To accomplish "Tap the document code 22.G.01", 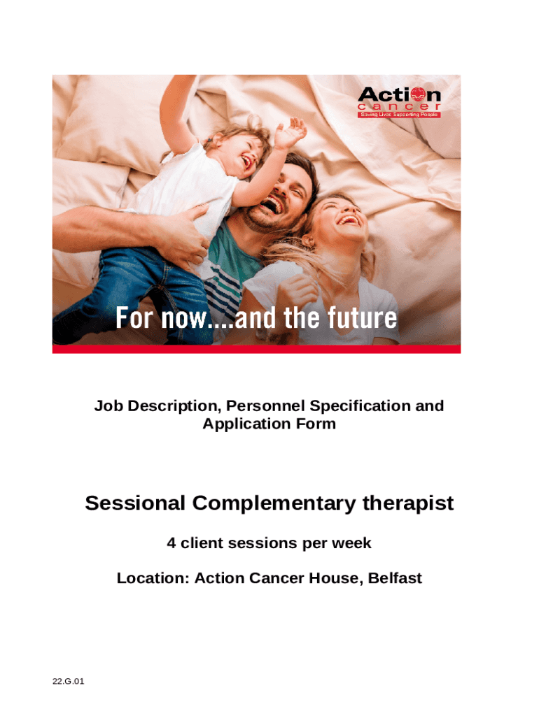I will pos(69,682).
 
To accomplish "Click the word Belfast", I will pos(395,578).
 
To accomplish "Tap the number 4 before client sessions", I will pos(171,543).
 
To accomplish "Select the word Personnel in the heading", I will pos(265,406).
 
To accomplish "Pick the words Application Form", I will pos(269,424).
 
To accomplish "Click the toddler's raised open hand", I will pos(289,132).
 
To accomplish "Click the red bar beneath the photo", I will pos(256,349).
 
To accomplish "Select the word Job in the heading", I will pos(108,406).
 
